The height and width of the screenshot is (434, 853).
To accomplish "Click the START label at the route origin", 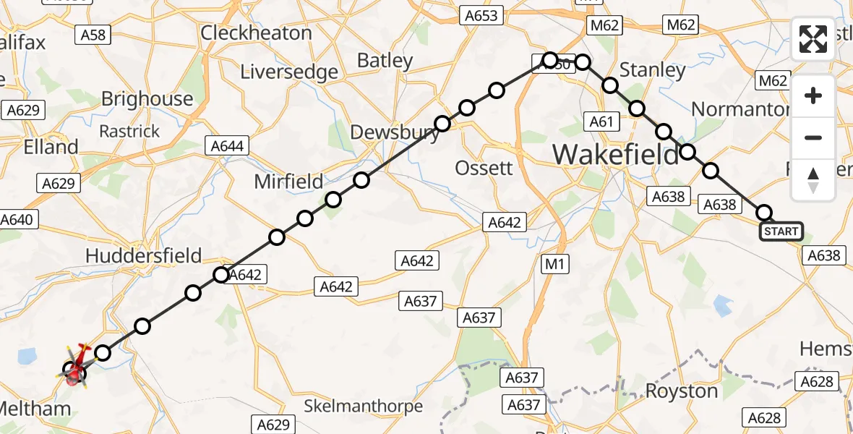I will (x=781, y=231).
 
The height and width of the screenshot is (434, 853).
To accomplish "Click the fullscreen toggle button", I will (x=813, y=39).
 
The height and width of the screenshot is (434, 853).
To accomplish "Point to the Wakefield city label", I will (x=616, y=154).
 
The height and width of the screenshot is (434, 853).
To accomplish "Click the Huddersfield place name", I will (x=143, y=255).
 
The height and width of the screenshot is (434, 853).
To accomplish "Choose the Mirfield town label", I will (x=288, y=182).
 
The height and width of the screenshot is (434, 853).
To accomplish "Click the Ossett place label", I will (x=484, y=168).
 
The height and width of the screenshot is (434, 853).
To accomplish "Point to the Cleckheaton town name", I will (x=256, y=33).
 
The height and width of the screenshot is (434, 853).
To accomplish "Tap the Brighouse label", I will (x=147, y=99).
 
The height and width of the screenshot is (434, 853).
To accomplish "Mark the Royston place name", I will (x=681, y=391).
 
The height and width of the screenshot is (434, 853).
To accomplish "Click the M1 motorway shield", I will (x=554, y=265).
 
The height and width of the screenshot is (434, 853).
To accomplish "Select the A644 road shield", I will (x=226, y=146).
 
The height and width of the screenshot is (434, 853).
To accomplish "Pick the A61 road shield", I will (x=601, y=122).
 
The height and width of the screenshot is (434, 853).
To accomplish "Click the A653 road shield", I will (x=481, y=15).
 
